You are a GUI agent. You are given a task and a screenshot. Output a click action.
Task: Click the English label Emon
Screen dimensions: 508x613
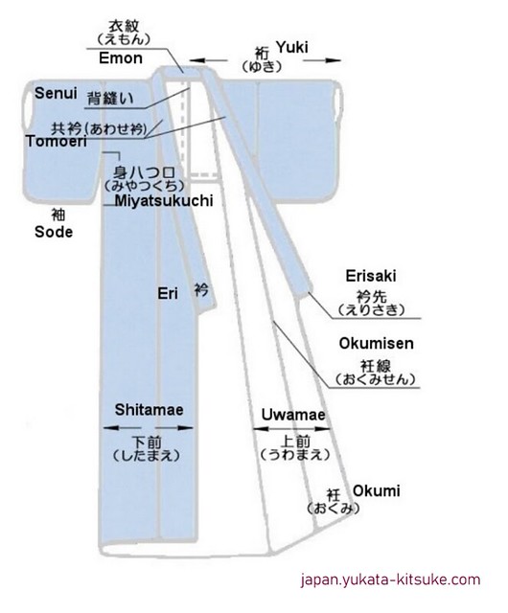tap(121, 58)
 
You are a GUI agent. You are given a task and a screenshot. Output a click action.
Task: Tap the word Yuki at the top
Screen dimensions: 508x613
tap(292, 47)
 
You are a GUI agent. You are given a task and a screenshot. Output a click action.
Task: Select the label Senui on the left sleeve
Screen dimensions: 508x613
tap(56, 93)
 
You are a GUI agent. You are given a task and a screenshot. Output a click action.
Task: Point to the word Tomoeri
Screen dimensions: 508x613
tap(57, 141)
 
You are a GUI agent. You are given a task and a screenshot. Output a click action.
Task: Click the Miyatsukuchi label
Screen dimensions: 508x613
tap(164, 200)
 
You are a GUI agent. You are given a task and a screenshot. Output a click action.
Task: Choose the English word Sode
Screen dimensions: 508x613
tap(54, 232)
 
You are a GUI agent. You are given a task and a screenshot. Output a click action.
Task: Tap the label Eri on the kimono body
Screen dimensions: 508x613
tap(168, 293)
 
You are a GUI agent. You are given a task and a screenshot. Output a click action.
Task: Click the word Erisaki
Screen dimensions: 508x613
tap(371, 276)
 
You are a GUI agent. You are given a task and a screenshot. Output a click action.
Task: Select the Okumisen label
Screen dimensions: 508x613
tap(376, 343)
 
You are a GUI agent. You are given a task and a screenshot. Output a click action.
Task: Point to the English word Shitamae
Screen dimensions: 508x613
tap(150, 410)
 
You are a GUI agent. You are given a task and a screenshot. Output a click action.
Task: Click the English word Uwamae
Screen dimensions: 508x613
tap(293, 415)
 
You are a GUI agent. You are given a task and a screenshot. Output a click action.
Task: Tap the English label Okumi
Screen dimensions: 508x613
tap(377, 491)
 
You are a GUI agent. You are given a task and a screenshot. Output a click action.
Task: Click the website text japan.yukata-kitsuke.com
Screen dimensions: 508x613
tap(390, 579)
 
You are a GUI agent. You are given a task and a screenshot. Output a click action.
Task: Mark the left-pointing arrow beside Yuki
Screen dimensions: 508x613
tap(208, 60)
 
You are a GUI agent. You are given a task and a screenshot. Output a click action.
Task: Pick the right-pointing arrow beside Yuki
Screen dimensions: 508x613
tap(322, 60)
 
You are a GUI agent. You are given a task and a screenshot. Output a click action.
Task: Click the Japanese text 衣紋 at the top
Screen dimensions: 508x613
tap(124, 26)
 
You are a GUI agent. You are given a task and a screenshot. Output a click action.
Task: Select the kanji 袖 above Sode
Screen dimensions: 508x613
tap(58, 215)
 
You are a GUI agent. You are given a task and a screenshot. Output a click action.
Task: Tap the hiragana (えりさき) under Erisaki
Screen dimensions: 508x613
tap(371, 310)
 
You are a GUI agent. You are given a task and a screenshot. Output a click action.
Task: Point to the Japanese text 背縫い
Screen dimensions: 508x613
tap(110, 99)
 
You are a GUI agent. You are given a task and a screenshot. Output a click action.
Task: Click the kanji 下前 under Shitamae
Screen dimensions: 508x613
tap(147, 443)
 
